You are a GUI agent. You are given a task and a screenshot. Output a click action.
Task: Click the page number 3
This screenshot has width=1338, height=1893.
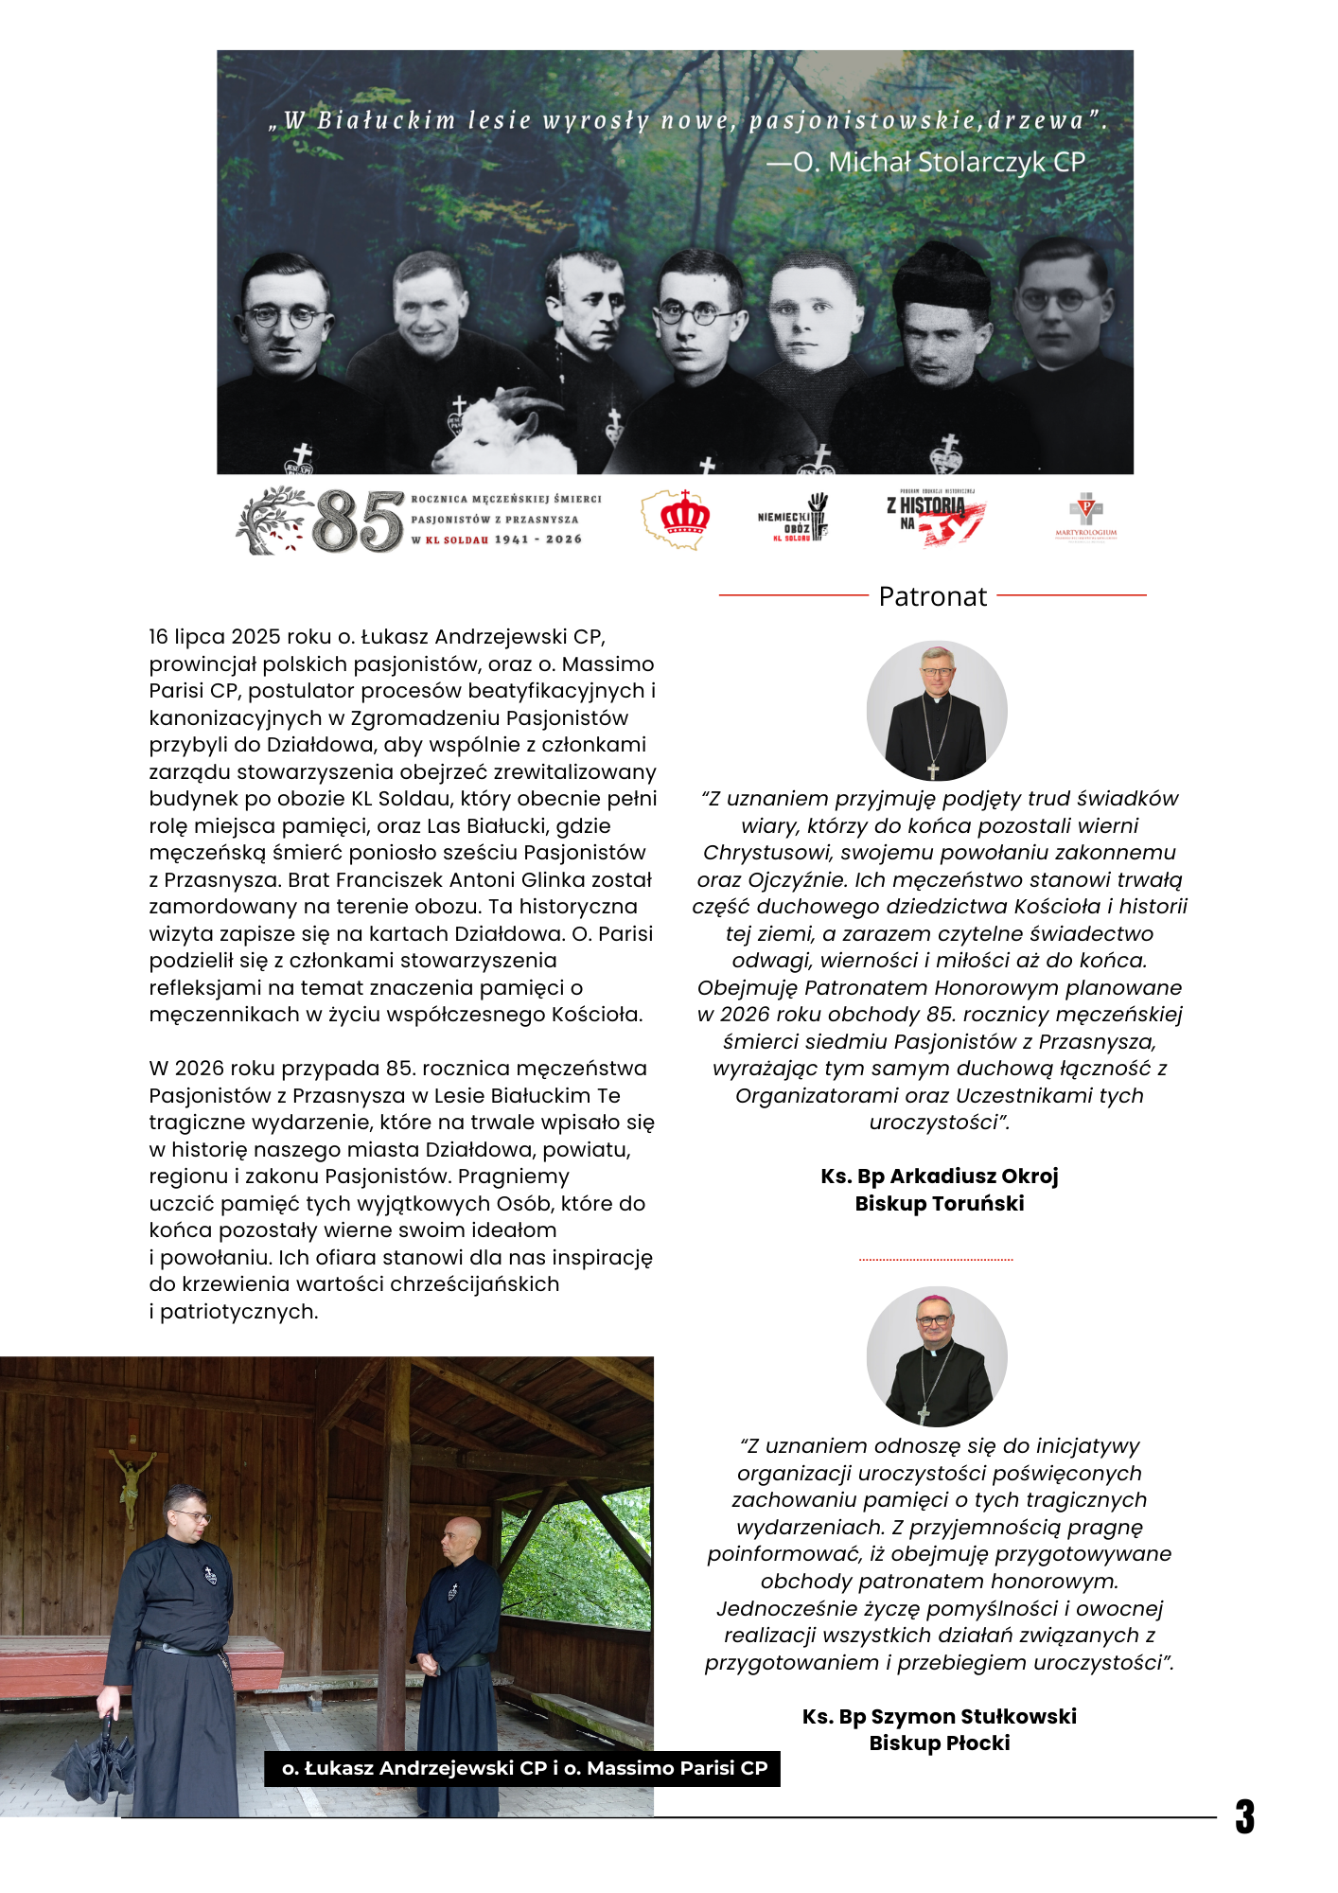(x=1244, y=1816)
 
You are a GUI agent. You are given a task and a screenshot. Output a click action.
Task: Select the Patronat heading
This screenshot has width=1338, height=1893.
(x=932, y=596)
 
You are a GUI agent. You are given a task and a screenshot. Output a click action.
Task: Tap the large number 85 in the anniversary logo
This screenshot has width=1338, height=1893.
(x=358, y=521)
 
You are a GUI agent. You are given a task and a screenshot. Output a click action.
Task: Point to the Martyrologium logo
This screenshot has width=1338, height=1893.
(x=1085, y=516)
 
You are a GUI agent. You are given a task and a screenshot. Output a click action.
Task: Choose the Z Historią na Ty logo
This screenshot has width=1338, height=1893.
(x=935, y=517)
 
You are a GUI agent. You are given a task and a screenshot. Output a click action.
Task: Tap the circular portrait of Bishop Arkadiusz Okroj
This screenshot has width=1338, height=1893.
(x=937, y=711)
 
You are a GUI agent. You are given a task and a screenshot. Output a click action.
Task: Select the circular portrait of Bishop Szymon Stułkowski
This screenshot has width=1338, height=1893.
(x=937, y=1356)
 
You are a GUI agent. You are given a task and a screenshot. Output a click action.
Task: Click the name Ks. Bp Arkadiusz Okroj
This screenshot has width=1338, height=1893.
(x=939, y=1176)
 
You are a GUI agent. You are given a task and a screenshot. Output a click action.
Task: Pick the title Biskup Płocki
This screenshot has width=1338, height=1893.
(x=939, y=1743)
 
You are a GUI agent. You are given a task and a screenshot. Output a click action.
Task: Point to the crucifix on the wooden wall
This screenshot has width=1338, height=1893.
(x=132, y=1483)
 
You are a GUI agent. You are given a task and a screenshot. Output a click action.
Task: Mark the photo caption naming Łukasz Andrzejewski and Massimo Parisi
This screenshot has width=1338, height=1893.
(x=523, y=1768)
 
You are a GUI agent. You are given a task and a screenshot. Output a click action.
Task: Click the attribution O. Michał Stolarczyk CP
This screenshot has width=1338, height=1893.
(x=927, y=162)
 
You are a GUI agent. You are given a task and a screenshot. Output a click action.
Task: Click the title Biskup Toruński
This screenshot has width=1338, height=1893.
(x=939, y=1204)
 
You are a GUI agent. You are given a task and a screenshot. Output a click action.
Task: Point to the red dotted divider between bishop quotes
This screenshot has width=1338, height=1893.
(x=936, y=1260)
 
